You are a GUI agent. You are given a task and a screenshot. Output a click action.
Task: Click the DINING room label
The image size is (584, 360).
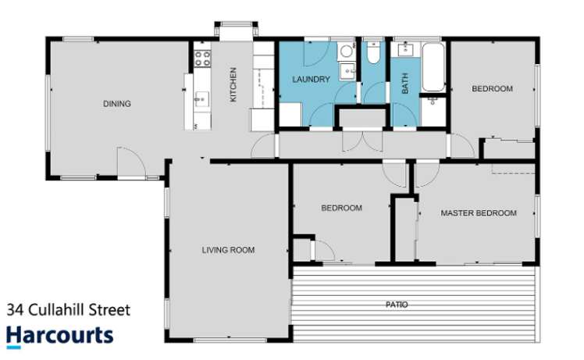118,104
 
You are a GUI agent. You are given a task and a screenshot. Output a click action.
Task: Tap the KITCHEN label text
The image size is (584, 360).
232,86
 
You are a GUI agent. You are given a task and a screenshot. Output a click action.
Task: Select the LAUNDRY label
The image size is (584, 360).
311,80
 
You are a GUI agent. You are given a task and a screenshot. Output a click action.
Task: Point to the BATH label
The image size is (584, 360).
404,84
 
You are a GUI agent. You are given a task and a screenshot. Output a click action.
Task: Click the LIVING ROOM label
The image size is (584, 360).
228,250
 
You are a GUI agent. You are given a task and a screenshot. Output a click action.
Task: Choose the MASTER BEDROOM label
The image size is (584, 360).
478,212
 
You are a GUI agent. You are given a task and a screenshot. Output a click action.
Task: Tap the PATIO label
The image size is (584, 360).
397,305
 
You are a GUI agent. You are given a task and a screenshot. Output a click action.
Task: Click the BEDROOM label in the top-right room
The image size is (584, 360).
492,89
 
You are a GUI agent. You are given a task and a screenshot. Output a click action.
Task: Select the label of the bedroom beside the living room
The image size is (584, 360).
342,208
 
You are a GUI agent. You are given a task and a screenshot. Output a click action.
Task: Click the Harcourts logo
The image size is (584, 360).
60,336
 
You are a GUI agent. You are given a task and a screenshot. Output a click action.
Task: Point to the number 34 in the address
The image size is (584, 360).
15,310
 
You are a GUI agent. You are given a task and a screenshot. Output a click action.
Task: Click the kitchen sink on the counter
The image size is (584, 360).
201,99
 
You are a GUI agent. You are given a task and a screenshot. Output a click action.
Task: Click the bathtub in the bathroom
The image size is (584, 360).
432,68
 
